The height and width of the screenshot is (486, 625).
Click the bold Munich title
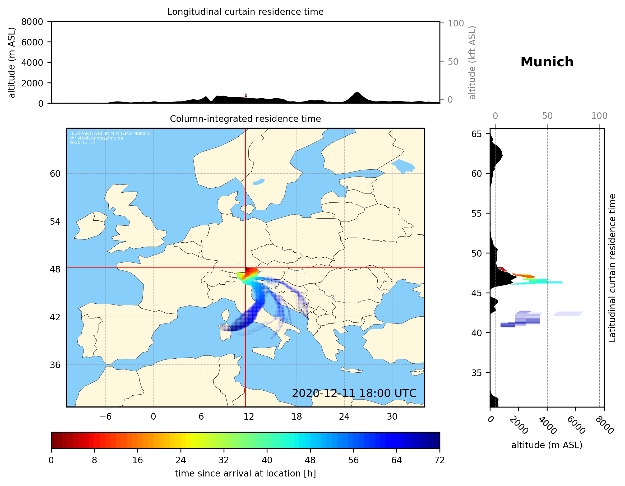[x=547, y=62]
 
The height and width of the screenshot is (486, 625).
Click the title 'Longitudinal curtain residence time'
[x=245, y=12]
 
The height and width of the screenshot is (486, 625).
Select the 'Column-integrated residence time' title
[x=245, y=119]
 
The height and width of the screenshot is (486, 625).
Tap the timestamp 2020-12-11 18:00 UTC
[x=354, y=393]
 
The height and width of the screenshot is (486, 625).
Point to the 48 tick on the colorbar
[x=310, y=460]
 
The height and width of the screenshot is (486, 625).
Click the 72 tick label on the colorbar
[x=439, y=460]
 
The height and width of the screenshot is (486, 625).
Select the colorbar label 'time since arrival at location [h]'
[x=245, y=473]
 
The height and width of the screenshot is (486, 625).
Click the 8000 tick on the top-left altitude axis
[x=32, y=22]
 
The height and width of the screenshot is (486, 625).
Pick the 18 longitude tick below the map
[x=297, y=416]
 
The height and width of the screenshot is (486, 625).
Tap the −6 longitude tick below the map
[x=105, y=416]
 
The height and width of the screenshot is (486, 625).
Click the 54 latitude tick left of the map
[x=55, y=221]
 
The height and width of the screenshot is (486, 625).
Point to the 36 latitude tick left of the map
[x=55, y=365]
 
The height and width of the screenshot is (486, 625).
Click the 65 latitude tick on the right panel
[x=476, y=134]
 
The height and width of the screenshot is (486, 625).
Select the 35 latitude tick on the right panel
[x=476, y=373]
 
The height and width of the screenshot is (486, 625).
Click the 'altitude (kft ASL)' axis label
[x=472, y=63]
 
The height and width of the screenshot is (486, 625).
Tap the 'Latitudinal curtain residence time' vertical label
[x=612, y=268]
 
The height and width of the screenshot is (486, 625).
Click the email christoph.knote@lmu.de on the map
[x=96, y=138]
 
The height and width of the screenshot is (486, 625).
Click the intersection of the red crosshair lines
[x=246, y=268]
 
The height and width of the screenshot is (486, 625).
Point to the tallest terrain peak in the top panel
[x=357, y=92]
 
